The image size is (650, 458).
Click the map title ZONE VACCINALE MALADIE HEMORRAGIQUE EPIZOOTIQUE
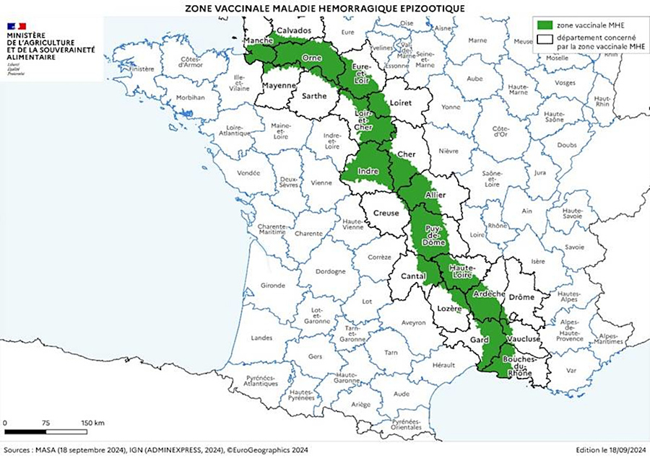325,7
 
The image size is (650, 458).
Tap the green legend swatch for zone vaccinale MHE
545,25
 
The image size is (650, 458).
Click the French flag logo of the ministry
17,26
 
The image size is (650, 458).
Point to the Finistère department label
141,69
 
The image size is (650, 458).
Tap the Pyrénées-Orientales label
409,424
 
